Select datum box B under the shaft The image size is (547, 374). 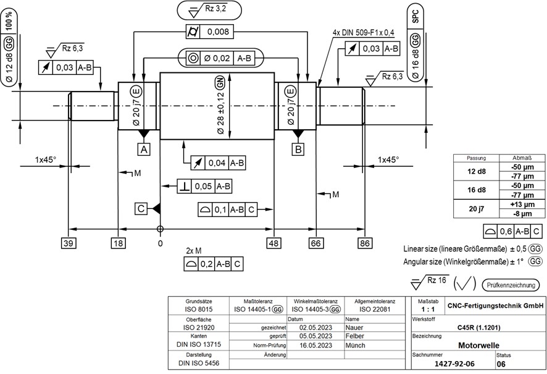(298, 150)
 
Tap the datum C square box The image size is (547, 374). (141, 209)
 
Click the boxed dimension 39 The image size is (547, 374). (69, 244)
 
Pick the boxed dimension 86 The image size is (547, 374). (365, 244)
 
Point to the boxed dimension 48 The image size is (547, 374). (274, 244)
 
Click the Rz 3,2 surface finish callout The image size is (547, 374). (209, 10)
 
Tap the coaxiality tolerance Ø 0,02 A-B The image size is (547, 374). (222, 58)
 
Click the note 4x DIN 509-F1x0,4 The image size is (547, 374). (364, 32)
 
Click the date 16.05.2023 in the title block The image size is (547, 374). (315, 346)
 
